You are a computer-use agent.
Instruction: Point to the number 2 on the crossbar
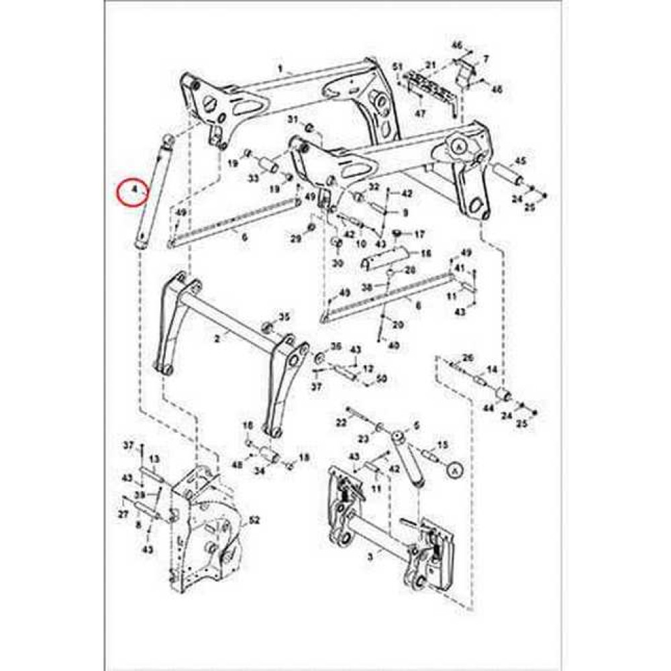[217, 341]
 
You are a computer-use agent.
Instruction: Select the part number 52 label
[254, 520]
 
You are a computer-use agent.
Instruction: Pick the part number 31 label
[293, 119]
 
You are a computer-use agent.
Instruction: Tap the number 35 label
[285, 316]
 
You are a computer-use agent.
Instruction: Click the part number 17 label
[419, 234]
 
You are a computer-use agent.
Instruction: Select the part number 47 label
[420, 114]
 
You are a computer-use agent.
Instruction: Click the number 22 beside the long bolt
[341, 421]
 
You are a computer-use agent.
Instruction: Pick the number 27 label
[123, 514]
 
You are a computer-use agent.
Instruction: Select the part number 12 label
[368, 369]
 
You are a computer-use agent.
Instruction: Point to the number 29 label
[295, 240]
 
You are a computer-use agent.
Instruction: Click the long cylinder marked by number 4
[151, 195]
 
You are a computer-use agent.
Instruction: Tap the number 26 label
[468, 356]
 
